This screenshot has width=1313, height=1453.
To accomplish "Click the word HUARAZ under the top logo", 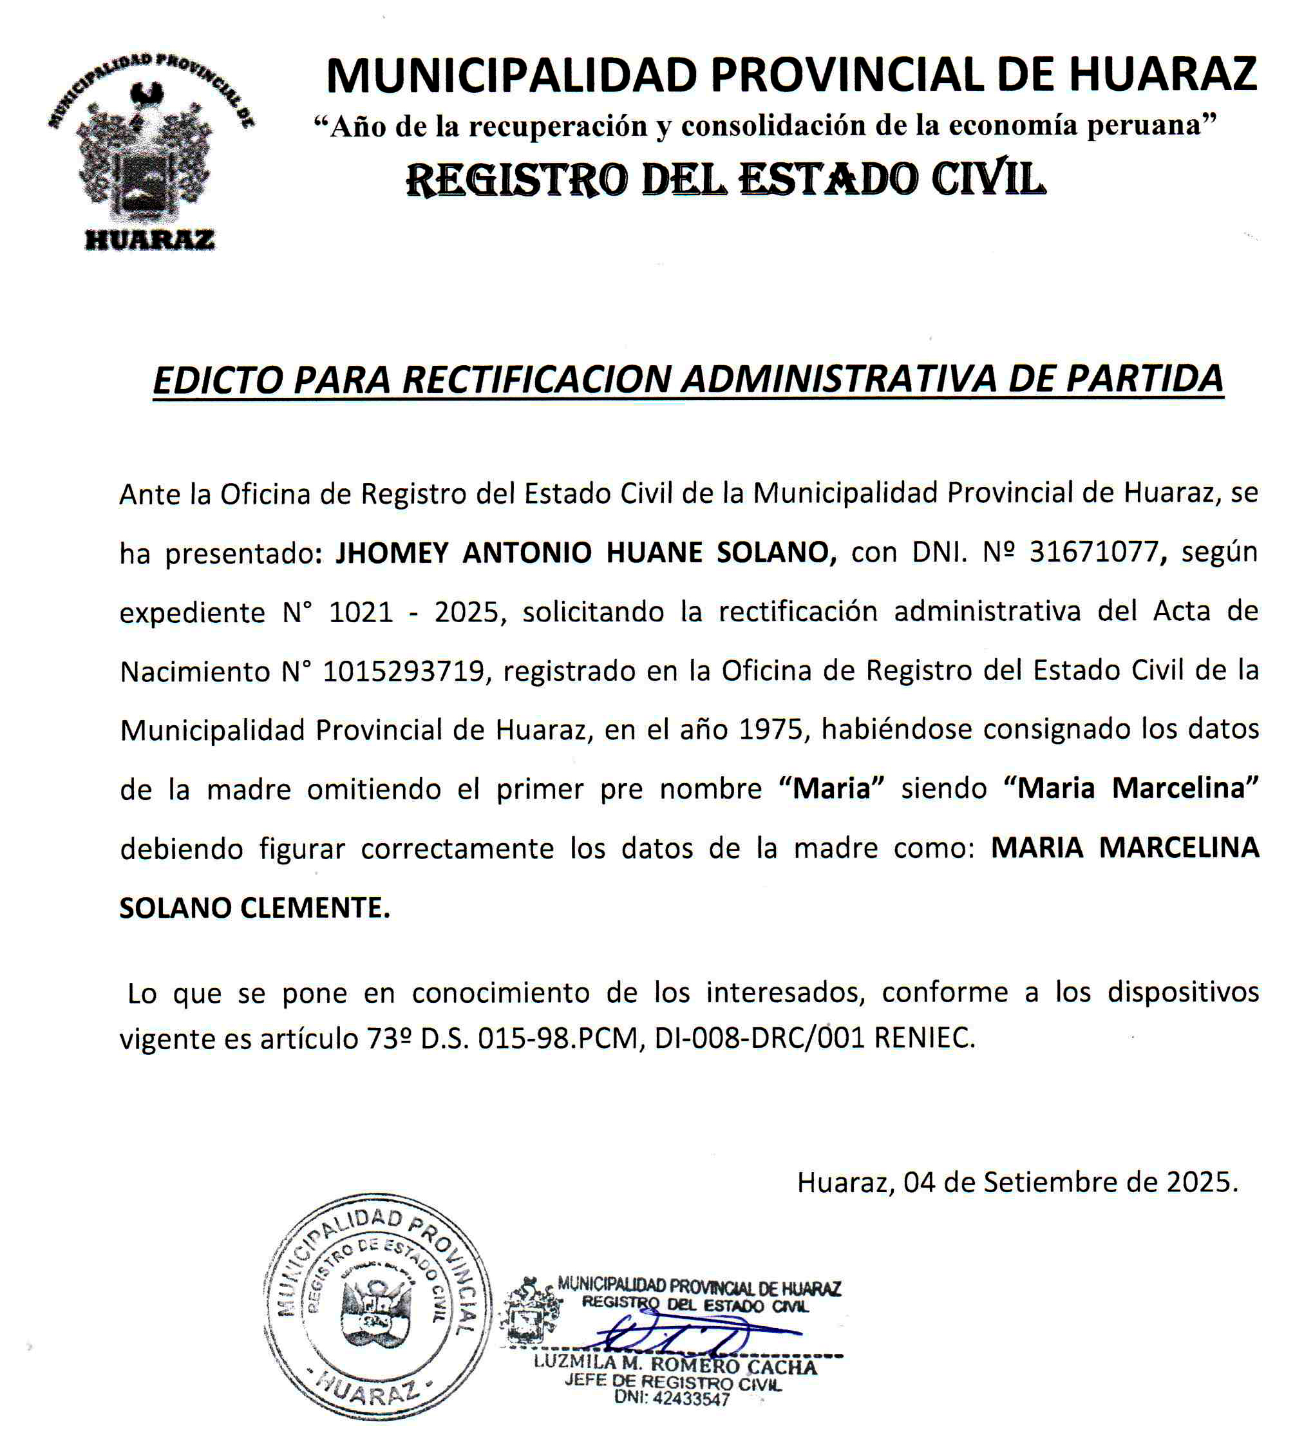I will coord(150,240).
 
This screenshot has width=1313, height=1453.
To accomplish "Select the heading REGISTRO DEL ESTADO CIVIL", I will coord(725,180).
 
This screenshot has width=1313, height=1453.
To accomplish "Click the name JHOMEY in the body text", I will coord(393,553).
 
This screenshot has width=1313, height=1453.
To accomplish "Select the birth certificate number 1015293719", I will coord(404,671).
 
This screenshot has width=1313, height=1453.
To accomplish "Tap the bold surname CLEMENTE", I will coord(315,908).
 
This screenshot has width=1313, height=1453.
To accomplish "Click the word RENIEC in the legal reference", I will coord(925,1038).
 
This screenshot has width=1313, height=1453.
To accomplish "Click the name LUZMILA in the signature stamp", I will coord(575,1363).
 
